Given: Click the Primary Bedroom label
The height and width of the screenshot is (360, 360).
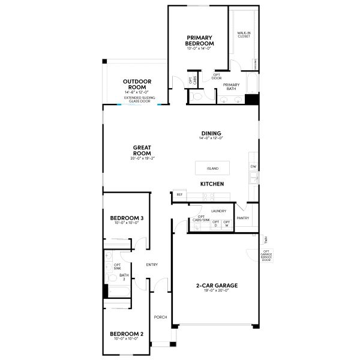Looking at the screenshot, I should pos(200,40).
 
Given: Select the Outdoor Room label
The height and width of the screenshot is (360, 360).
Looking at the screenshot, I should pos(137,83).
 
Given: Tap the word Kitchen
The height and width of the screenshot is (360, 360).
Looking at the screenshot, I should pos(212,183).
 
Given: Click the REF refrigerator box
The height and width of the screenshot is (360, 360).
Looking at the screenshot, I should pos(179,194).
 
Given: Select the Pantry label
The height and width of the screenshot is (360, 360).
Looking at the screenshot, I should pos(242,218).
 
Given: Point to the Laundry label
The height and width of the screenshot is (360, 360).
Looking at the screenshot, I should pos(218,211).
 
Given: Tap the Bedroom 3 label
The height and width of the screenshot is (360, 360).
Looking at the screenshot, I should pos(126,218).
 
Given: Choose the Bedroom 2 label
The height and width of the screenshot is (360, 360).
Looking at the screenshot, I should pos(126,334).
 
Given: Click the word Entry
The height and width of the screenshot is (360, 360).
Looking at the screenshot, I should pos(152,265).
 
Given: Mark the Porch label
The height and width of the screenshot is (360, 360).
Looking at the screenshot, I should pos(160,317).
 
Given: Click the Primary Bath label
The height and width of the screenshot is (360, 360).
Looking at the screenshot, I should pos(231,86).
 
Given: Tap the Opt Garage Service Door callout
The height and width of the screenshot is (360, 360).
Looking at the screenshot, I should pos(266,255).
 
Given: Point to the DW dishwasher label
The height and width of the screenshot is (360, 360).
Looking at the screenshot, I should pos(253,166).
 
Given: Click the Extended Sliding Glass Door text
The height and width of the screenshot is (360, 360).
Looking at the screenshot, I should pos(137,99).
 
